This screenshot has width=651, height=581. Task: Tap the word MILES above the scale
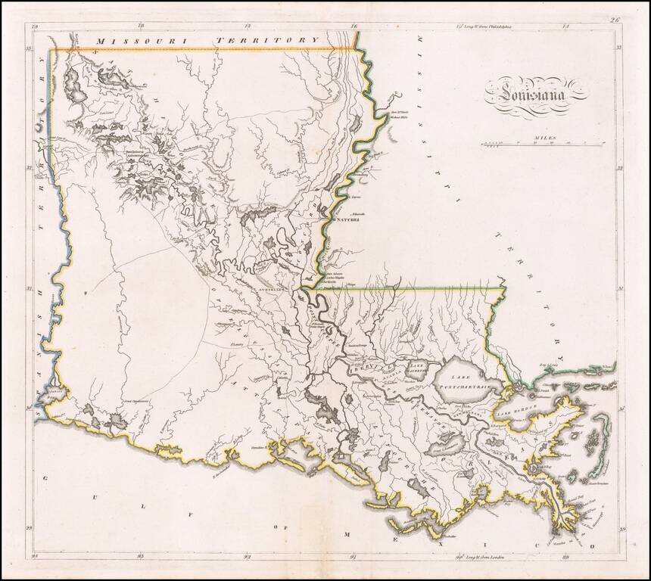tap(544, 138)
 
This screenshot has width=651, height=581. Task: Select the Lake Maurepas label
tap(418, 368)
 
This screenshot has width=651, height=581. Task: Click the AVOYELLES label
tap(269, 289)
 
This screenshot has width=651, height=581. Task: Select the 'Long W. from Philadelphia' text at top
tap(481, 25)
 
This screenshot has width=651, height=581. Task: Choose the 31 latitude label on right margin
tap(619, 288)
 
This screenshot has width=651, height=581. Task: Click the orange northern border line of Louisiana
tap(204, 50)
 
